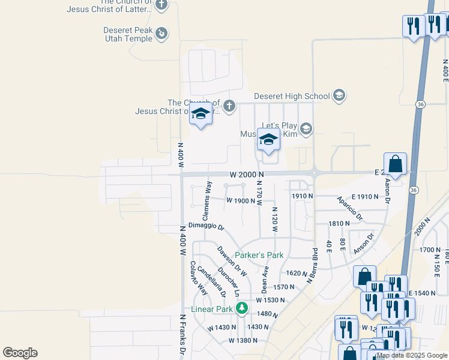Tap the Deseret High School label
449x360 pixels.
pyautogui.click(x=292, y=96)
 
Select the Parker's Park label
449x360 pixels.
pyautogui.click(x=259, y=255)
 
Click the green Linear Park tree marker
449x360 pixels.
pyautogui.click(x=241, y=309)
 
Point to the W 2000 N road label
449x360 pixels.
pyautogui.click(x=247, y=174)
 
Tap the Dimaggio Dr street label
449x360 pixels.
pyautogui.click(x=206, y=226)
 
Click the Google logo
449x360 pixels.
pyautogui.click(x=20, y=353)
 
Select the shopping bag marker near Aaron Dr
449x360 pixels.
pyautogui.click(x=396, y=164)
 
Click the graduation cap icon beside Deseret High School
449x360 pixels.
pyautogui.click(x=339, y=96)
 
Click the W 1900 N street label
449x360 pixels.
pyautogui.click(x=241, y=200)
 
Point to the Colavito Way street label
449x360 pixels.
pyautogui.click(x=199, y=278)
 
